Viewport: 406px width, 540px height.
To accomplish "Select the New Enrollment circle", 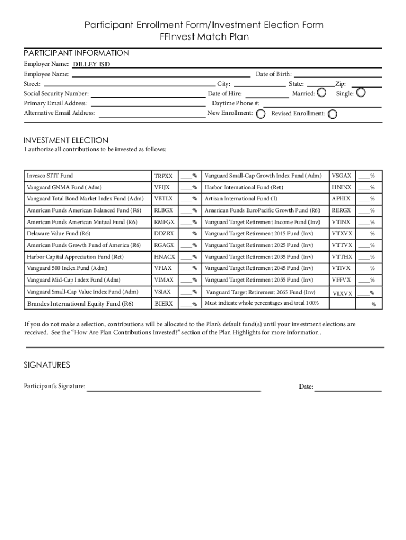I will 260,114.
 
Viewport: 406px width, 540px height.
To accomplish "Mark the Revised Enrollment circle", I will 332,114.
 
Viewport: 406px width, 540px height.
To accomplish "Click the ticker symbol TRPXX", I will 163,176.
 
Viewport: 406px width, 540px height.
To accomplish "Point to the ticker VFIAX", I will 163,268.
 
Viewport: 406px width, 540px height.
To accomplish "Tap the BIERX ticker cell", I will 163,304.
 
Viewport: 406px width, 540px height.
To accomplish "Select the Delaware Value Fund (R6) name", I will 59,233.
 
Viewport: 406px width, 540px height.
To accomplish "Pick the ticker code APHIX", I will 341,199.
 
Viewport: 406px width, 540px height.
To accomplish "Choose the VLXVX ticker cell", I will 342,293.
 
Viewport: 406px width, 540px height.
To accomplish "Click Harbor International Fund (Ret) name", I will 244,187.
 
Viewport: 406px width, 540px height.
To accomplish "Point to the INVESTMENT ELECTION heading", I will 66,140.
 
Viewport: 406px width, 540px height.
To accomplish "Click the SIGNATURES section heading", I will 47,365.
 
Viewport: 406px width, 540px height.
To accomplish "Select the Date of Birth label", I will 274,74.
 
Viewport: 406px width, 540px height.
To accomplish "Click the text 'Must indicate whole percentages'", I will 262,303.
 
